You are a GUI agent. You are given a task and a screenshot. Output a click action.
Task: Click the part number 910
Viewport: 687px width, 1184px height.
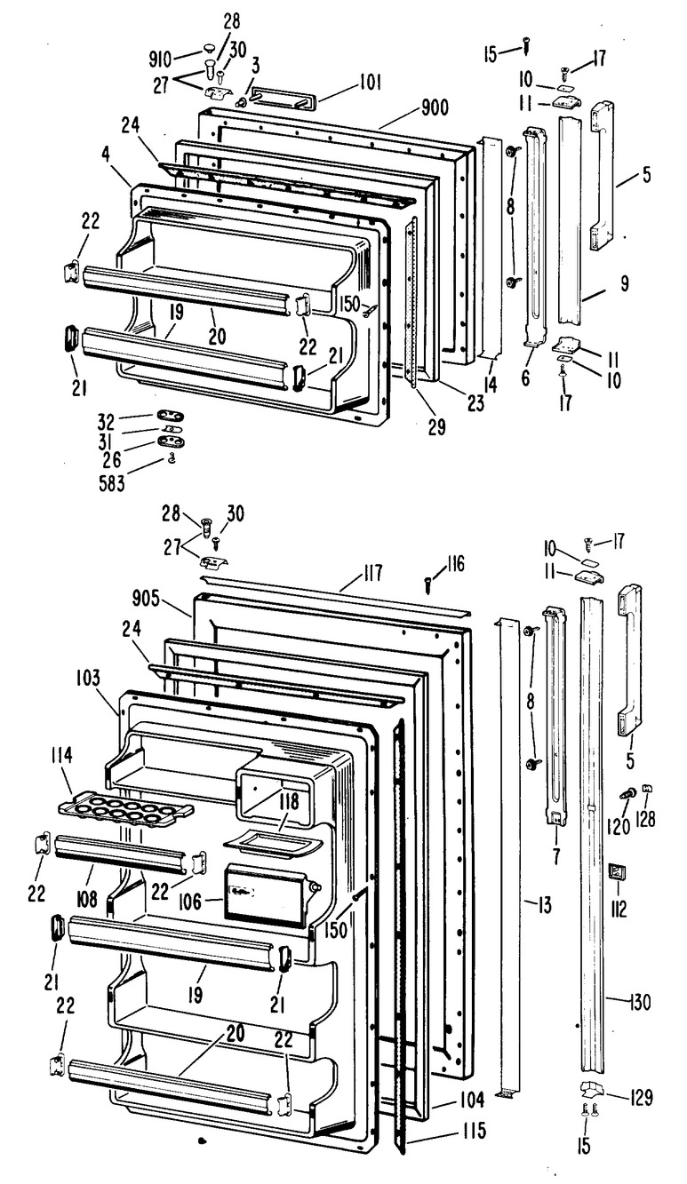[161, 60]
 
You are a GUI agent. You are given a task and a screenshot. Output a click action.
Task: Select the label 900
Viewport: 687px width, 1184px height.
[435, 107]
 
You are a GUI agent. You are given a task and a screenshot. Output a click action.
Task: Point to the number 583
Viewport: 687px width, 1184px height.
[112, 484]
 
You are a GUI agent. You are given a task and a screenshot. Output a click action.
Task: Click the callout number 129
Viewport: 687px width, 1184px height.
[641, 1097]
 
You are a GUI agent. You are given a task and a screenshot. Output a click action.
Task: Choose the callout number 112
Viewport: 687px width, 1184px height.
[618, 907]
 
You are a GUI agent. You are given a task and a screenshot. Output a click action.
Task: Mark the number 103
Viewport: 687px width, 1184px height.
[87, 678]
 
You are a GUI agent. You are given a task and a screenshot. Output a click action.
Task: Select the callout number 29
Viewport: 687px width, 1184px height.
[437, 426]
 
